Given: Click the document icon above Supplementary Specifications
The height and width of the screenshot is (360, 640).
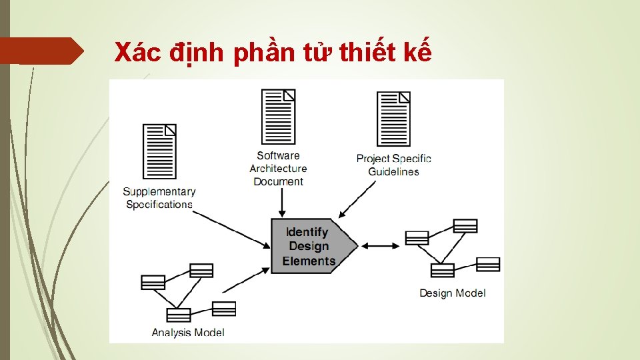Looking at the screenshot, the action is click(160, 151).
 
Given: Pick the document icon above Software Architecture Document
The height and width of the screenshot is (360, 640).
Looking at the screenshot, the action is click(279, 117).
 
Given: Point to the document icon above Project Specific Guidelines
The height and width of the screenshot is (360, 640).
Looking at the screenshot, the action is click(393, 119).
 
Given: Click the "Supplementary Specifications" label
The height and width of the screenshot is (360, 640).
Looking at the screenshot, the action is click(159, 198).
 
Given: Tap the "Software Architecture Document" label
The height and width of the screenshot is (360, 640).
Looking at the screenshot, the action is click(279, 169).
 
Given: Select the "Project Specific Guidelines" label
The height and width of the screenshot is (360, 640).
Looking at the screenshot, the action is click(393, 165).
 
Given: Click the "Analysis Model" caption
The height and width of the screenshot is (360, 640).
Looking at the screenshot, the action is click(188, 332).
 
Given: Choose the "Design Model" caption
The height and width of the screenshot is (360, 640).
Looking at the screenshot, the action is click(453, 293).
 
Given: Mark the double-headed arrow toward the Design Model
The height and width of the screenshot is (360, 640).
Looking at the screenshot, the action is click(381, 246).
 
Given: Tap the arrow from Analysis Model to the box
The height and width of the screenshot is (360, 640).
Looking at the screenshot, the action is click(245, 280).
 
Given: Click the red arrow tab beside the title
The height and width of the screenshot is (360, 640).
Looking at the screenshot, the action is click(41, 51).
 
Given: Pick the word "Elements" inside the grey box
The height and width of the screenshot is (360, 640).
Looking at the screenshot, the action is click(309, 261).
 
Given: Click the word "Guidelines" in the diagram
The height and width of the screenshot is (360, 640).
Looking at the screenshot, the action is click(393, 171).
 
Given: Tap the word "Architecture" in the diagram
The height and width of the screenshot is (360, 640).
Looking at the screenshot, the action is click(279, 169).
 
